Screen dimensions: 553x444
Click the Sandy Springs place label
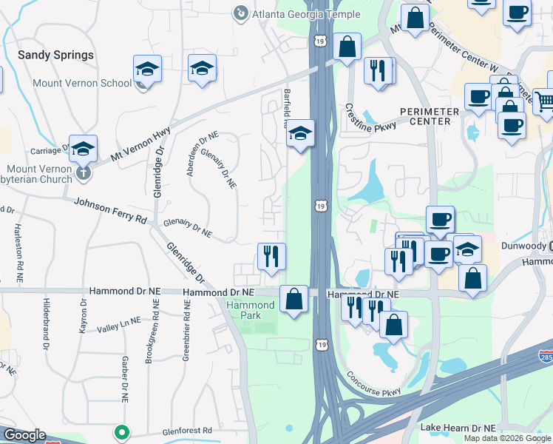(x=55, y=55)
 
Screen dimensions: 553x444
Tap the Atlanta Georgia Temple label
(x=305, y=14)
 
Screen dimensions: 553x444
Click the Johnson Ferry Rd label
(x=110, y=210)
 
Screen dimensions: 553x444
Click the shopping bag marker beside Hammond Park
(x=294, y=300)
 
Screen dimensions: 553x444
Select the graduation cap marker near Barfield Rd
(x=299, y=133)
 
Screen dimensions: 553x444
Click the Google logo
(x=24, y=435)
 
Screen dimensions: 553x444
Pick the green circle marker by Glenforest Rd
(x=121, y=431)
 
